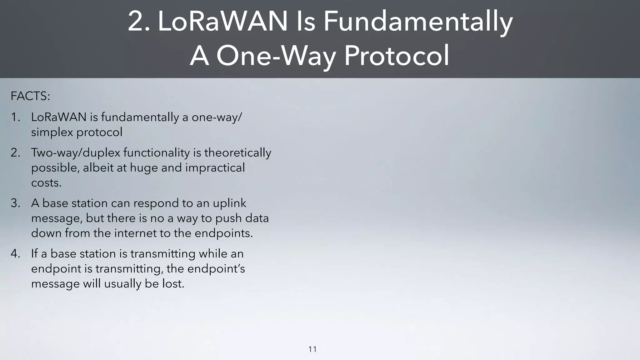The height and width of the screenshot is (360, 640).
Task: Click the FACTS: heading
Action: click(x=30, y=96)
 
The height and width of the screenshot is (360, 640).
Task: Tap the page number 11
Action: click(x=312, y=349)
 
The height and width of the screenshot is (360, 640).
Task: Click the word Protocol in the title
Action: click(x=396, y=56)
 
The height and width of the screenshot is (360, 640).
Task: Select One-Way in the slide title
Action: click(x=276, y=56)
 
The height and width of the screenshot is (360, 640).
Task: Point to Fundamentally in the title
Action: click(x=417, y=21)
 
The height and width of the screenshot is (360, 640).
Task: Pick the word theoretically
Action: click(x=237, y=153)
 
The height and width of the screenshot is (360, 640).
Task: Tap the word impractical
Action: click(x=215, y=168)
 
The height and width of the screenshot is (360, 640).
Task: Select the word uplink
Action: click(x=229, y=203)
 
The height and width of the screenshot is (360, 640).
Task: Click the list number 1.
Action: click(x=15, y=117)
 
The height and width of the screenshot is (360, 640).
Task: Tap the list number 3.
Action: click(x=15, y=203)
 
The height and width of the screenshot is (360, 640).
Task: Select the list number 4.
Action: click(x=15, y=254)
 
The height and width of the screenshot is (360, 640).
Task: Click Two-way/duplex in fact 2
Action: click(x=76, y=153)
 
